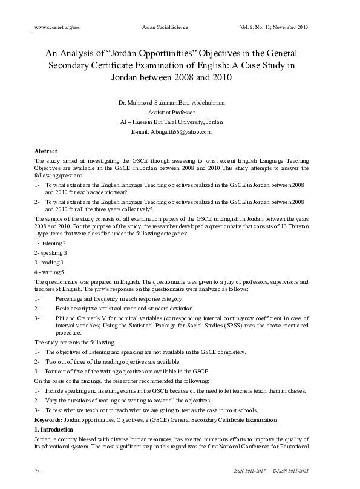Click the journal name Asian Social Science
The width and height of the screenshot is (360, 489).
(x=165, y=27)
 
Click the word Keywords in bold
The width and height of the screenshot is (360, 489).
(x=48, y=419)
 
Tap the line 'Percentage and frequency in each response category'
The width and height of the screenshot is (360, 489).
(x=119, y=299)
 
